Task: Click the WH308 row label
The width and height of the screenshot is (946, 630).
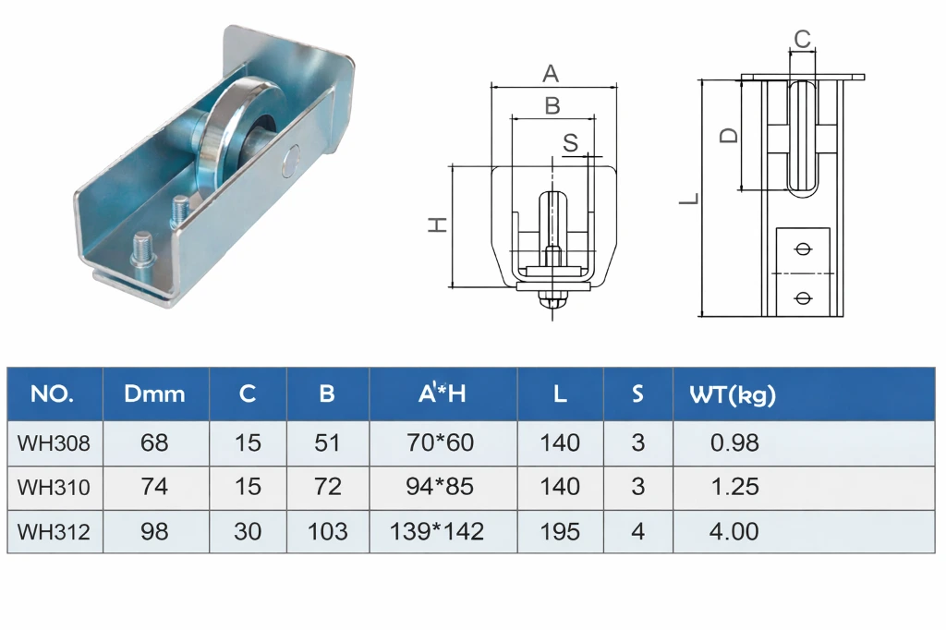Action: point(54,443)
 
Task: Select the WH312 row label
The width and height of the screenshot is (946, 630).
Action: point(54,532)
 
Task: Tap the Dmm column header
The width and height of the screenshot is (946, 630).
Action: point(154,394)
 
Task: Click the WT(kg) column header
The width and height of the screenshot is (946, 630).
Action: point(733,394)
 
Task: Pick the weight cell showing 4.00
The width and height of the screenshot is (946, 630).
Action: point(734,532)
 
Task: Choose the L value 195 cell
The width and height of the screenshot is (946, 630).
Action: point(560,532)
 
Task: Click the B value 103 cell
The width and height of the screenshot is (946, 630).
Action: point(327,532)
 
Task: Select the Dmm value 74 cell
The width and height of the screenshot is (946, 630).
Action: point(154,487)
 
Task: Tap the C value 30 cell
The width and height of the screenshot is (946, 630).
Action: point(248,532)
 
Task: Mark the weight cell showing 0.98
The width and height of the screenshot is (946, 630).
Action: point(734,443)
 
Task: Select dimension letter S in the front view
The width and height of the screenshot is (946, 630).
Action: point(570,142)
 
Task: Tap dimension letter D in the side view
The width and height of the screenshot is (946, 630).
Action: point(729,136)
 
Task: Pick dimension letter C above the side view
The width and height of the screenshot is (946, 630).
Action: point(802,39)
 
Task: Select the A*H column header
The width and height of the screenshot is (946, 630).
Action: point(442,394)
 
